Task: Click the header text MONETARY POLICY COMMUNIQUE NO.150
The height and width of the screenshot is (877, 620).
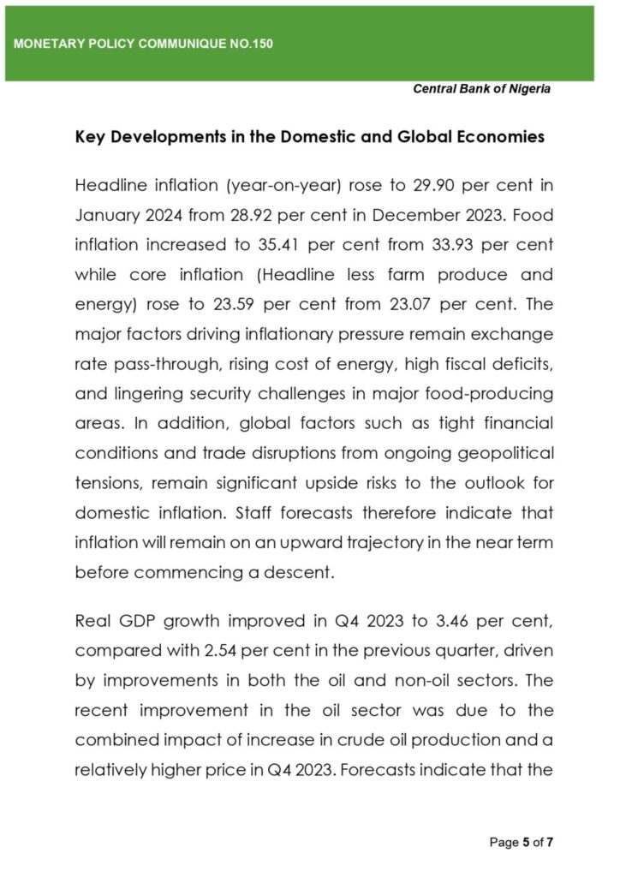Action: (x=144, y=44)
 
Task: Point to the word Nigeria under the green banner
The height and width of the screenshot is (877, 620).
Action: (x=528, y=89)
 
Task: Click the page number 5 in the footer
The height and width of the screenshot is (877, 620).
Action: (x=526, y=842)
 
